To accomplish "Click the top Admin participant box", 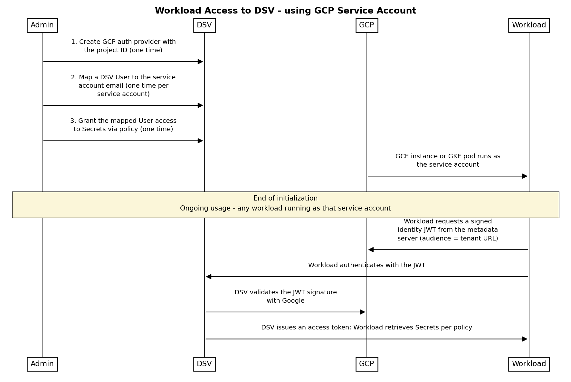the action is tap(42, 25).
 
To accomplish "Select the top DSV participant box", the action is tap(205, 25).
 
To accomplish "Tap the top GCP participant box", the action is tap(367, 25).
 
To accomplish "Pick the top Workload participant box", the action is tap(529, 25).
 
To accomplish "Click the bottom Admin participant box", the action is tap(42, 364).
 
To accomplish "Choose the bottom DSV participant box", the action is tap(205, 364).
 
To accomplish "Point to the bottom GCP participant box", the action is tap(367, 364).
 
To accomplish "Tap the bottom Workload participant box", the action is tap(529, 364).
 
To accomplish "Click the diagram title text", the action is tap(285, 11).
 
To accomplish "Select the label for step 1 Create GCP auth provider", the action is tap(123, 46).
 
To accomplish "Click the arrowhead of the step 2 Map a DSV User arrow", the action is tap(200, 105).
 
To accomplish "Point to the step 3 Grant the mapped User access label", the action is tap(123, 125).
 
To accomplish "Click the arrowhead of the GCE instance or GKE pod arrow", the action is tap(525, 176).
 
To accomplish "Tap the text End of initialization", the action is tap(285, 199).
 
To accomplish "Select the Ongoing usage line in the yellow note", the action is tap(285, 209).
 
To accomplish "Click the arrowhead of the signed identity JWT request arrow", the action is tap(371, 250).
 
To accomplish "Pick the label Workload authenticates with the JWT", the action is tap(367, 265).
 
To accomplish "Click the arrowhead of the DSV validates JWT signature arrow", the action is tap(363, 312).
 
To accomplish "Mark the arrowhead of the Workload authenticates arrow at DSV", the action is tap(209, 277).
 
